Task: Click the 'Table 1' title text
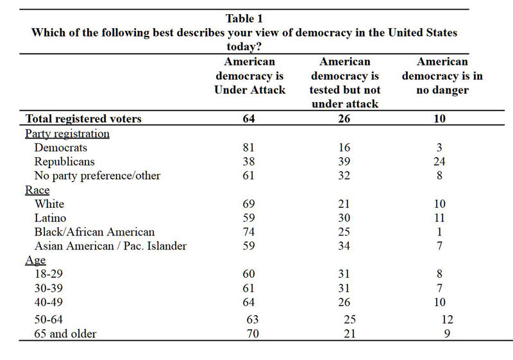pyautogui.click(x=244, y=19)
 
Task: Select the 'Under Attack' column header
pyautogui.click(x=249, y=76)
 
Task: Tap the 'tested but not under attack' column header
pyautogui.click(x=345, y=83)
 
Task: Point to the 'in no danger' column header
pyautogui.click(x=442, y=76)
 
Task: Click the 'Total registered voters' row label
pyautogui.click(x=83, y=119)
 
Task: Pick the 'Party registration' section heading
pyautogui.click(x=67, y=133)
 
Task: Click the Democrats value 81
pyautogui.click(x=249, y=148)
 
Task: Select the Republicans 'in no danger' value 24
pyautogui.click(x=439, y=161)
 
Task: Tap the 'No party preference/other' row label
pyautogui.click(x=97, y=176)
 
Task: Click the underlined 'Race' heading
pyautogui.click(x=37, y=190)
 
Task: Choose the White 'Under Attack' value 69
pyautogui.click(x=249, y=204)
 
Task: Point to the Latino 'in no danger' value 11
pyautogui.click(x=439, y=218)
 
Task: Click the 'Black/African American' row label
pyautogui.click(x=94, y=232)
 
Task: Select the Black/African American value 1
pyautogui.click(x=439, y=232)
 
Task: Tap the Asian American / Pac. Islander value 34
pyautogui.click(x=344, y=246)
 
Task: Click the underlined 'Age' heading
pyautogui.click(x=35, y=260)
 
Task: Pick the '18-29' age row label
pyautogui.click(x=49, y=274)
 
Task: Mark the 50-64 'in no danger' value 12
pyautogui.click(x=447, y=320)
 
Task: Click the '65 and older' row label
pyautogui.click(x=65, y=334)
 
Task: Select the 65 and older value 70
pyautogui.click(x=253, y=334)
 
